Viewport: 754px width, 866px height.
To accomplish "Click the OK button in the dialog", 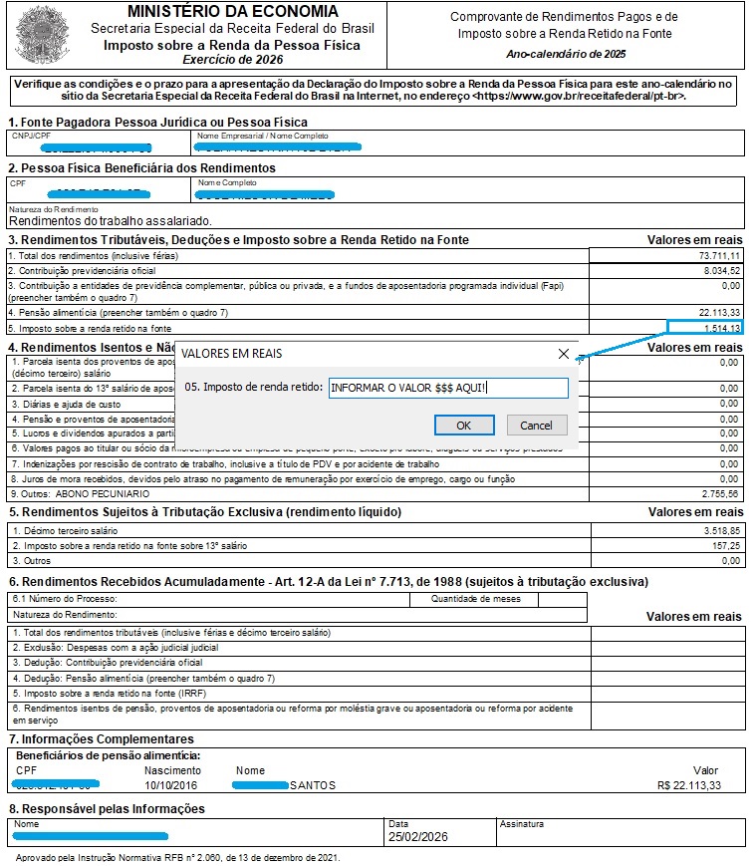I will (x=464, y=426).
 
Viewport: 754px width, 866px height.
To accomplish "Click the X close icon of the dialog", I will (x=564, y=354).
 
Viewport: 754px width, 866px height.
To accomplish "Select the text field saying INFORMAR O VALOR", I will (x=448, y=389).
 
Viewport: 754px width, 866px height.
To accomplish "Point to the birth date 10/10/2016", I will (x=172, y=785).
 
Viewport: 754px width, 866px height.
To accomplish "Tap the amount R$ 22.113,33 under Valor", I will (x=689, y=785).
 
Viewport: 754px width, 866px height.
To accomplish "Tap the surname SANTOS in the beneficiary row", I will (x=313, y=785).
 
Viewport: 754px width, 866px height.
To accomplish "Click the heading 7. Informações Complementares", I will (x=102, y=739).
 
